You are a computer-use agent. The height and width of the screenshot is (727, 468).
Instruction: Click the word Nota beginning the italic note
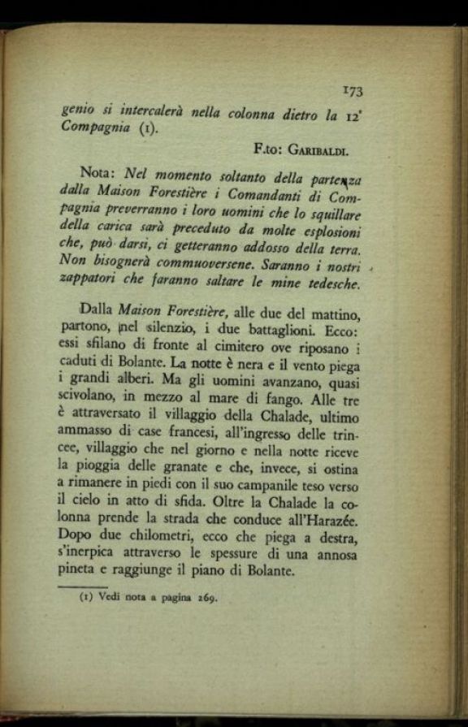[99, 175]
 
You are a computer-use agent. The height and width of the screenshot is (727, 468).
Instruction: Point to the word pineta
[81, 571]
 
